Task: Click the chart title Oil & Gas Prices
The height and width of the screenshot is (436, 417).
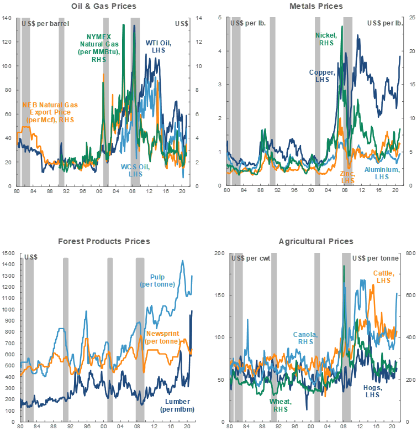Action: (x=104, y=6)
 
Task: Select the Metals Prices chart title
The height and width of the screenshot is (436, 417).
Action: (x=316, y=6)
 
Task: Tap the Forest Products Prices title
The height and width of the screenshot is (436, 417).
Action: (x=104, y=241)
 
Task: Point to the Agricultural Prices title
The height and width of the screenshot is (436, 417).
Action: (x=316, y=242)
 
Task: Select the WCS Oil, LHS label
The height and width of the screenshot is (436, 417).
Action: (x=132, y=170)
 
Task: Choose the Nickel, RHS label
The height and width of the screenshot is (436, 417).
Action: (x=326, y=39)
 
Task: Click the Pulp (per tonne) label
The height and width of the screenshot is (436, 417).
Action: (x=159, y=281)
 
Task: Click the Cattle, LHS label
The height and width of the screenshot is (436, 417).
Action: (x=383, y=277)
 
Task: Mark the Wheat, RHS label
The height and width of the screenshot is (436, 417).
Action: (x=281, y=405)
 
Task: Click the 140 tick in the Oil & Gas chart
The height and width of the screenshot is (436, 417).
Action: (x=7, y=18)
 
